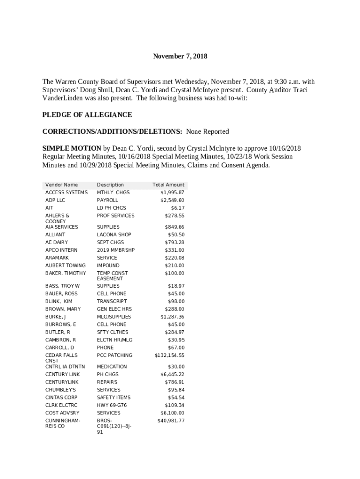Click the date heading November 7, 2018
click(180, 57)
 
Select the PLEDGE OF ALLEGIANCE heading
click(87, 115)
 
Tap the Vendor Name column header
click(61, 185)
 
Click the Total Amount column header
click(168, 185)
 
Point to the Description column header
click(110, 185)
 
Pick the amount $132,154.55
click(169, 356)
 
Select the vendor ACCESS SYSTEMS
click(66, 192)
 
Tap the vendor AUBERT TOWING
click(65, 265)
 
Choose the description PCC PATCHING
click(115, 356)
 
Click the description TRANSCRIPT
click(112, 301)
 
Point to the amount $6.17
click(177, 208)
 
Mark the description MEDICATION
click(112, 367)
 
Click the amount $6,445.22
click(172, 374)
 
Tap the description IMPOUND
click(108, 265)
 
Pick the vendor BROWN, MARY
click(63, 309)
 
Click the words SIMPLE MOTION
click(72, 148)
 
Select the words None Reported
click(208, 131)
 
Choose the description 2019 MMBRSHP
click(115, 250)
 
